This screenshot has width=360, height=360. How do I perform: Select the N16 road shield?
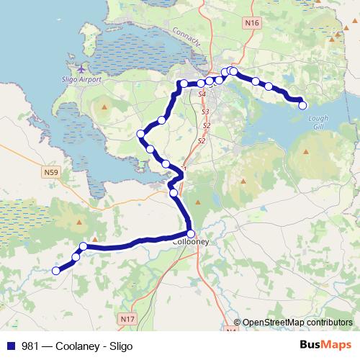click(251, 24)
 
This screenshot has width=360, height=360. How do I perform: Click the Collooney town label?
click(192, 243)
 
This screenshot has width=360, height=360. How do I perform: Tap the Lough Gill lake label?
click(317, 119)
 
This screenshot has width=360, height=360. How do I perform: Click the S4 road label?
click(202, 94)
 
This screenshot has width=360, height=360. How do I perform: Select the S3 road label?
click(205, 112)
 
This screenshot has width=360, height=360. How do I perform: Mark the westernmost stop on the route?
click(55, 271)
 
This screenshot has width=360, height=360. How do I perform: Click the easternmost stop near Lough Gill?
click(302, 105)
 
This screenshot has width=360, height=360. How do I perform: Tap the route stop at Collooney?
click(191, 233)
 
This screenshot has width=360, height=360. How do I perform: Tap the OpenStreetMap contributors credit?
click(297, 323)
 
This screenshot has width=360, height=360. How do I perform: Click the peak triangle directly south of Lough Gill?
click(308, 152)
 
